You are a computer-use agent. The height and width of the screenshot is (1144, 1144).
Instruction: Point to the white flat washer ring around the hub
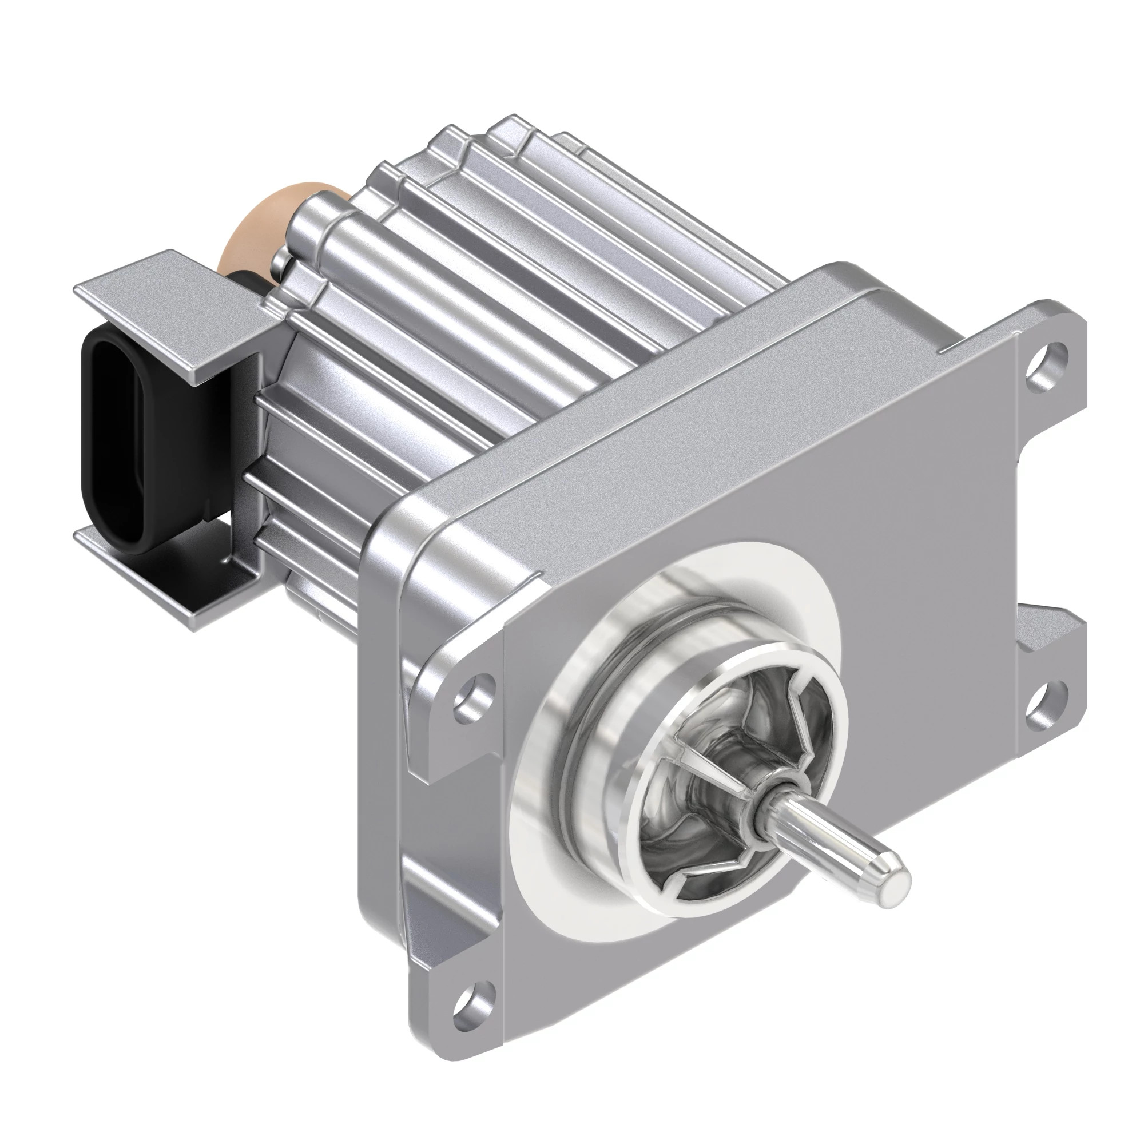pyautogui.click(x=533, y=829)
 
